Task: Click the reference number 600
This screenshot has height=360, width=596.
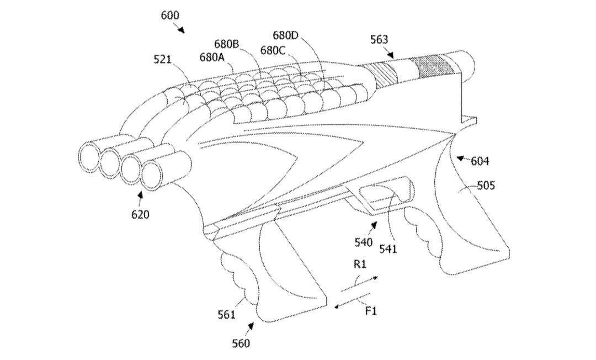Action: point(170,15)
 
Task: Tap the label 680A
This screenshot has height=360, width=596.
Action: point(212,57)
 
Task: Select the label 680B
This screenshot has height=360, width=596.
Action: point(227,44)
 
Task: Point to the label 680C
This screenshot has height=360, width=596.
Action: point(273,50)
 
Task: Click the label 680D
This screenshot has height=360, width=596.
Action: point(286,36)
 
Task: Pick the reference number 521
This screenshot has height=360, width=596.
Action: point(163,59)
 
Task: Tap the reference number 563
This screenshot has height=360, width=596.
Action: point(379,40)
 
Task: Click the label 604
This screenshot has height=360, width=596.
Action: point(480,162)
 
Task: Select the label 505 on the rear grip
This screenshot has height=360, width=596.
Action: point(486,186)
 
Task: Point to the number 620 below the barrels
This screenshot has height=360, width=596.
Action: point(140,215)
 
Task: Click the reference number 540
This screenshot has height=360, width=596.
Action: point(364,242)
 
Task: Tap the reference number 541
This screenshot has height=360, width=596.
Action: point(388,250)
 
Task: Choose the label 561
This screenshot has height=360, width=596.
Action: point(227,315)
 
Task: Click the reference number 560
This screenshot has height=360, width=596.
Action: point(241,343)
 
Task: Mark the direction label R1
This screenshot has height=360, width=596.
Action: point(360,264)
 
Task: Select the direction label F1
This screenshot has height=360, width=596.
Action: point(371,311)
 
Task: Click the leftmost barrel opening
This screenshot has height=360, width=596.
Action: point(89,156)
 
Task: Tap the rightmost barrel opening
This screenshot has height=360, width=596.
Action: point(152,176)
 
